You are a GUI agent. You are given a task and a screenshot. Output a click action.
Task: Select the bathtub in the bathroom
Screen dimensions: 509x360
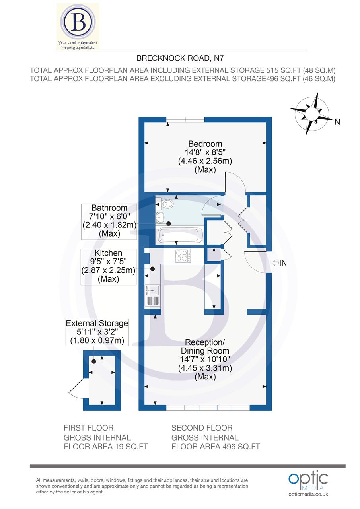click(180, 236)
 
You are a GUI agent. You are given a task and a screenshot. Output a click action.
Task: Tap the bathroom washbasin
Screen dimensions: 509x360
click(161, 217)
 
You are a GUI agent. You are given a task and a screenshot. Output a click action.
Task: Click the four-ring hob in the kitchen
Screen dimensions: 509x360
click(183, 255)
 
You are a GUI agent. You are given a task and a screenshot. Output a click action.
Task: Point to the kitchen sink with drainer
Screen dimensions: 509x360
click(153, 295)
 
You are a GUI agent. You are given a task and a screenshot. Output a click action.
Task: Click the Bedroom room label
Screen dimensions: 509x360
click(205, 144)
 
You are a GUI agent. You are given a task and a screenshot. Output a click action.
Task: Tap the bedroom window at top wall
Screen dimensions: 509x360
click(185, 119)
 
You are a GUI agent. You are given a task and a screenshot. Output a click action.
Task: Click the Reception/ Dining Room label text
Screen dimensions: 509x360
click(205, 346)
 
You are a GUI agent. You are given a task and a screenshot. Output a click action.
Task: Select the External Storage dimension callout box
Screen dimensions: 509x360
click(97, 332)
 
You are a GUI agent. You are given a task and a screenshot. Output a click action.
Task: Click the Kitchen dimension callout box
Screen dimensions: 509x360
click(109, 266)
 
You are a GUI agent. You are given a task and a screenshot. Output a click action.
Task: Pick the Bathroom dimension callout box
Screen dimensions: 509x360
click(109, 221)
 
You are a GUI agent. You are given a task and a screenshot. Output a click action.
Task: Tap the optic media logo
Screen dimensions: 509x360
click(308, 481)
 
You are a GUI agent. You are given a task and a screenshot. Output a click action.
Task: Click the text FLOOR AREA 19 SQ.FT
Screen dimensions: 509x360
click(106, 447)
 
